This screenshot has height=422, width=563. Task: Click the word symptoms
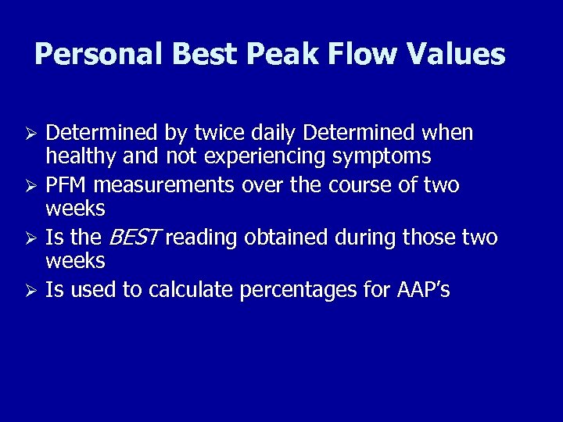tap(382, 156)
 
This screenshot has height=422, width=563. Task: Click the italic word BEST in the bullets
tap(133, 237)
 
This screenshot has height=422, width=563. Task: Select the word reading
tap(202, 237)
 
